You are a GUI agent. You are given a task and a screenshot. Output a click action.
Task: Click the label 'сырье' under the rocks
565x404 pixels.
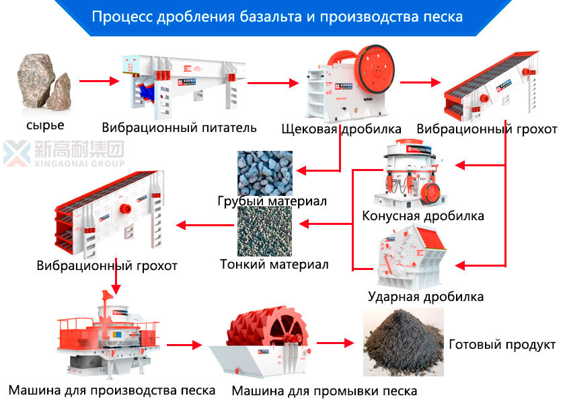coord(45,125)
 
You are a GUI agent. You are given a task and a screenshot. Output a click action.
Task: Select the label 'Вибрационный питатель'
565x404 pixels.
coord(180,127)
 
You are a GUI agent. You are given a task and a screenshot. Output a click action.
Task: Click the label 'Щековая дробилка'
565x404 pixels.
coord(341,128)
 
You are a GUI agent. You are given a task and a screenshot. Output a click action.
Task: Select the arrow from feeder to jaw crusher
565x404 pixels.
coord(272,83)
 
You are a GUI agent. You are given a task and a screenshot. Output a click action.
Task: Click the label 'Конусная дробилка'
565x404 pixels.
coord(423,216)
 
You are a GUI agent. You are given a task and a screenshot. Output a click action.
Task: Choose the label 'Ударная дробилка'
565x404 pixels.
coord(426,296)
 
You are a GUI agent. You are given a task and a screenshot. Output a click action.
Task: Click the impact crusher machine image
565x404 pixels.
coord(411,257)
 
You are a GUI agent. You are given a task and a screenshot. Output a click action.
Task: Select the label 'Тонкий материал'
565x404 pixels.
coord(274,265)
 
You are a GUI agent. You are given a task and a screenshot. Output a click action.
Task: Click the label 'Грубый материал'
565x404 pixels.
coord(272,201)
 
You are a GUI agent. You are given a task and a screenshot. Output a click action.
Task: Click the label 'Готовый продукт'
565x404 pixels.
coord(502,344)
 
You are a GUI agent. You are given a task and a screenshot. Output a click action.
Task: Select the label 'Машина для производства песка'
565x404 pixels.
coord(112,390)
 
